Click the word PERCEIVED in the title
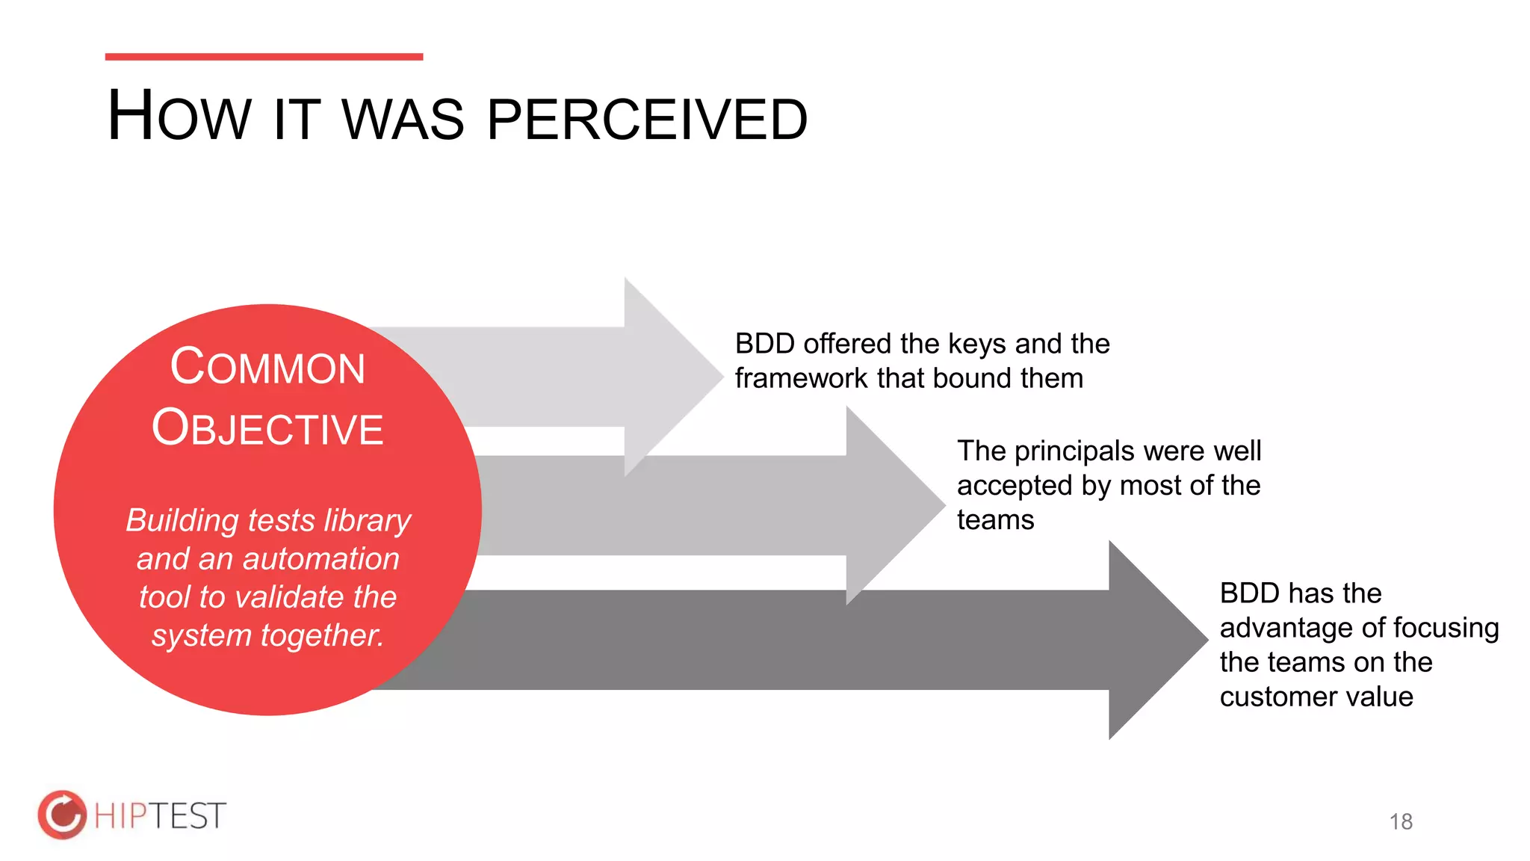pyautogui.click(x=647, y=120)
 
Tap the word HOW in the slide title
pyautogui.click(x=179, y=117)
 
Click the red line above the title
pyautogui.click(x=264, y=57)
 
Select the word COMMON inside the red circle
pyautogui.click(x=267, y=367)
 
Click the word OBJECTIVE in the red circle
pyautogui.click(x=267, y=428)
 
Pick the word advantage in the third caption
pyautogui.click(x=1285, y=628)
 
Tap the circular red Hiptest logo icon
pyautogui.click(x=63, y=815)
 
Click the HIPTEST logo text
pyautogui.click(x=160, y=815)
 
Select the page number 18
pyautogui.click(x=1401, y=821)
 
